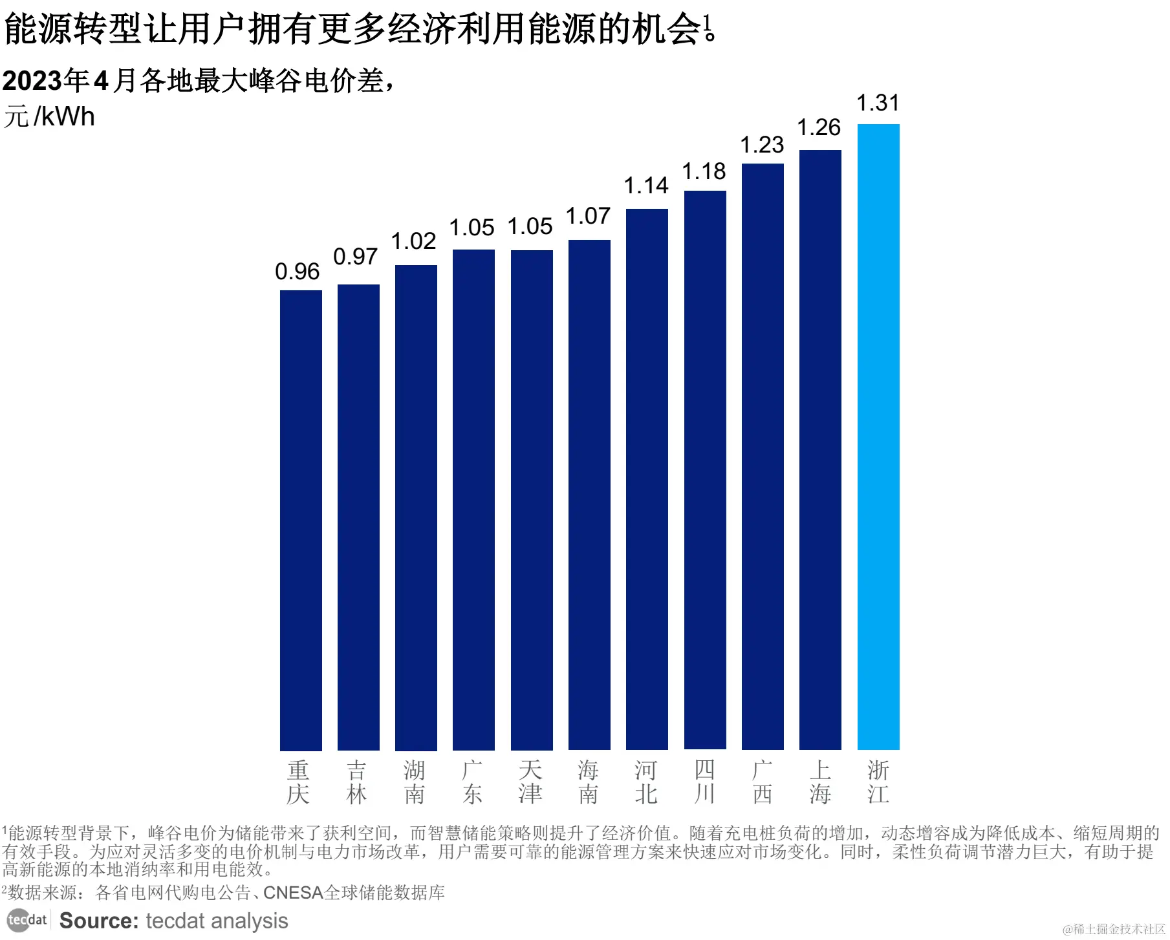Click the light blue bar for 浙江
pyautogui.click(x=878, y=436)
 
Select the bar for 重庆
pyautogui.click(x=301, y=520)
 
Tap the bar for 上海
pyautogui.click(x=820, y=449)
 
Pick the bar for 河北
pyautogui.click(x=647, y=478)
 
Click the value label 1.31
pyautogui.click(x=878, y=103)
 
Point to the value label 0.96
pyautogui.click(x=297, y=272)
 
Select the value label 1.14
pyautogui.click(x=645, y=186)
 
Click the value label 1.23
pyautogui.click(x=761, y=145)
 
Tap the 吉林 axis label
pyautogui.click(x=357, y=782)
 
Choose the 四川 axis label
pyautogui.click(x=704, y=782)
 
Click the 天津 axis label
pyautogui.click(x=530, y=782)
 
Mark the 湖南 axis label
pyautogui.click(x=415, y=782)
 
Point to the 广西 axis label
pyautogui.click(x=763, y=782)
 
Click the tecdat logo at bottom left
pyautogui.click(x=27, y=920)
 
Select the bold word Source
pyautogui.click(x=99, y=921)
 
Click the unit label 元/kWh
pyautogui.click(x=49, y=117)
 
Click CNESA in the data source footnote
pyautogui.click(x=293, y=893)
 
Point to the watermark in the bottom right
pyautogui.click(x=1114, y=929)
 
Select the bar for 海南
pyautogui.click(x=589, y=495)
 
